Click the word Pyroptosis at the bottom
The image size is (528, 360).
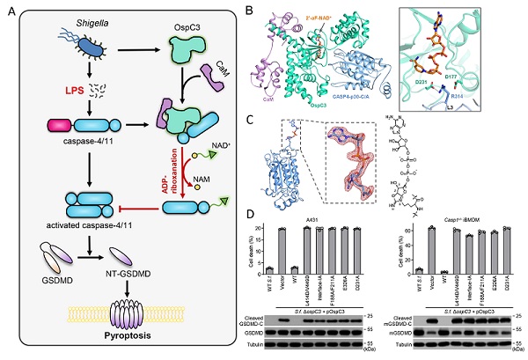pyautogui.click(x=123, y=335)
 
